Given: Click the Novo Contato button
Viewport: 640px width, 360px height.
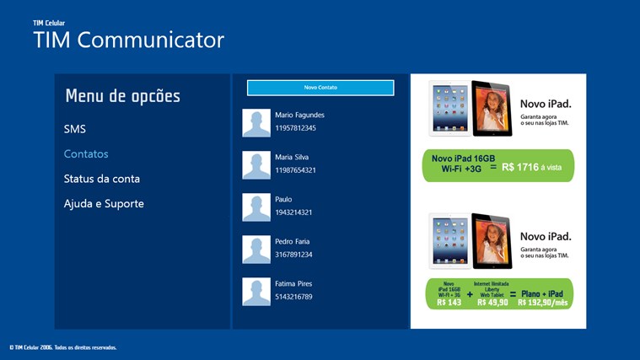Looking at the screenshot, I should [320, 88].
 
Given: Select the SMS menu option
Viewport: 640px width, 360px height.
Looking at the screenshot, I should [75, 129].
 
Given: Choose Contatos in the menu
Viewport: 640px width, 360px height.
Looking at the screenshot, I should [86, 154].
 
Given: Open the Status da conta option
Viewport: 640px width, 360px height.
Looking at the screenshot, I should [102, 179].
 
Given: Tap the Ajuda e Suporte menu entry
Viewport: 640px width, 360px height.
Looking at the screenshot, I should [104, 203].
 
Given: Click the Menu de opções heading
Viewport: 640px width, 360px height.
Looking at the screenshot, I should [122, 96].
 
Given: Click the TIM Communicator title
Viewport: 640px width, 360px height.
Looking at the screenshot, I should [128, 40].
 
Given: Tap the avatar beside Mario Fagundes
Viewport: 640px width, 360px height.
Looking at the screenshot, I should [256, 123].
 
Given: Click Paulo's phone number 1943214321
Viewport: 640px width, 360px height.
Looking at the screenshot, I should [293, 212].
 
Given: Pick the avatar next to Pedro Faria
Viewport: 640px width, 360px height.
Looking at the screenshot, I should [256, 250].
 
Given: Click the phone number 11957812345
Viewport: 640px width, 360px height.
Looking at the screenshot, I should [295, 128].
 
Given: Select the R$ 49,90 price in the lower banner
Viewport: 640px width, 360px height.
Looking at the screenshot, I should [492, 302].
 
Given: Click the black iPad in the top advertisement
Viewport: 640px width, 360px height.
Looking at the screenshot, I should [492, 108].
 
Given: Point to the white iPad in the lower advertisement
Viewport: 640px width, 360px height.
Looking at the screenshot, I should [449, 241].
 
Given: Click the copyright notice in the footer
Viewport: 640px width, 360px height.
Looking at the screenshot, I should [62, 347].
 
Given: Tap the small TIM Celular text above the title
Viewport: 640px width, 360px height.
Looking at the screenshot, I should [49, 23].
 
